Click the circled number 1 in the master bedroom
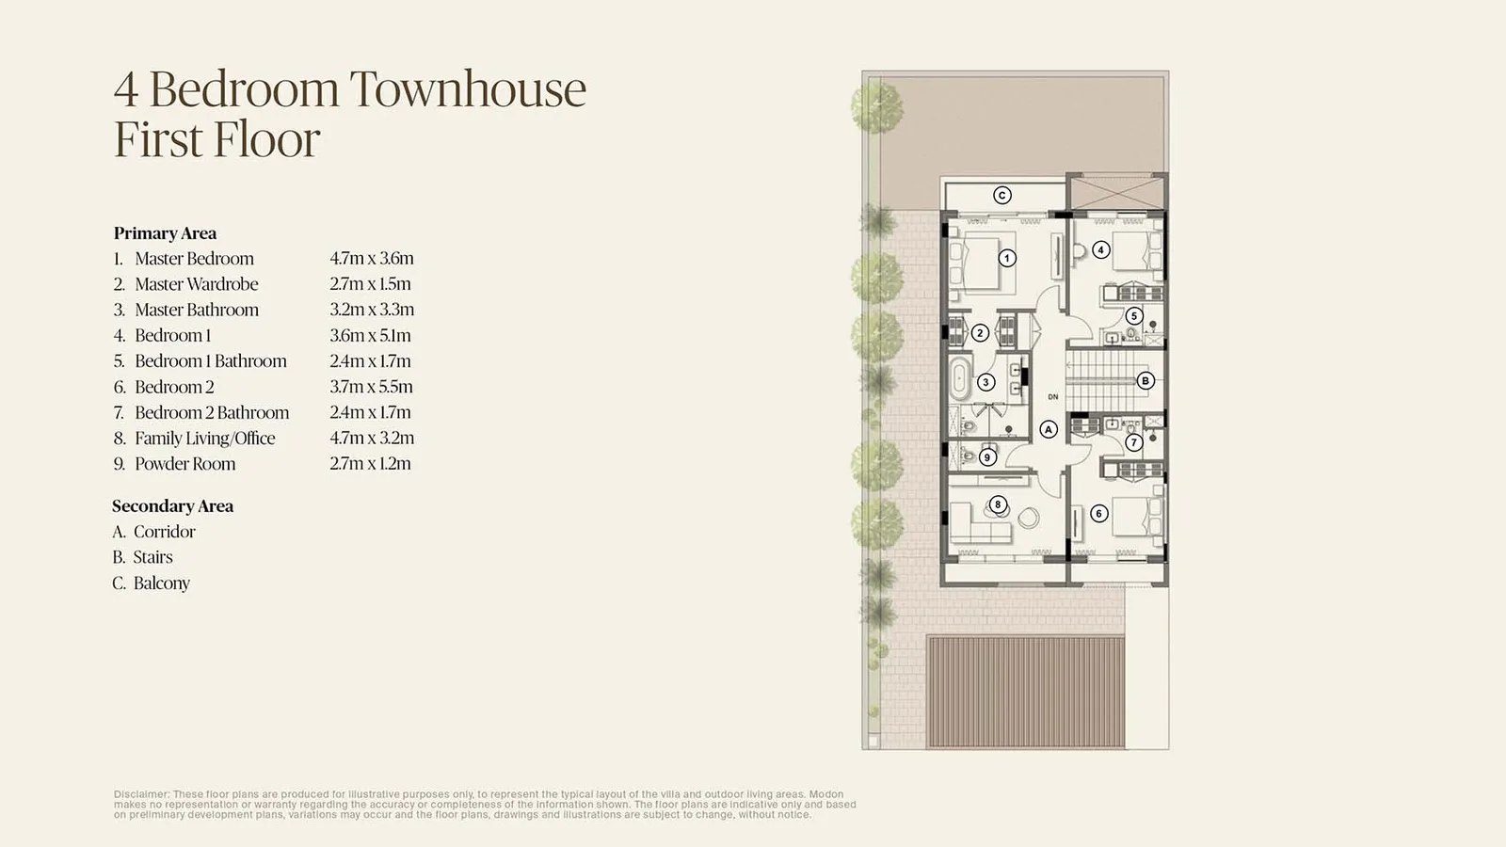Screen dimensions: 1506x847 (1006, 258)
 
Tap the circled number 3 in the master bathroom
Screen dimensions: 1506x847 (985, 382)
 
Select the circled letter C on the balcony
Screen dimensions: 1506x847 (1001, 196)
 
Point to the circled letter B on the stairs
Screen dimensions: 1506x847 (1145, 380)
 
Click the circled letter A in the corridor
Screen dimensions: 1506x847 (1049, 429)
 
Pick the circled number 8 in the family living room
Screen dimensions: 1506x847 (998, 504)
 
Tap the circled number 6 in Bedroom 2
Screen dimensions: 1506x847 (1098, 514)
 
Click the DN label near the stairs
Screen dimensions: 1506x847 (1053, 397)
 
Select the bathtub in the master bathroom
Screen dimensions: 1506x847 (959, 378)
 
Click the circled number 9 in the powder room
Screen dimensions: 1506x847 (987, 457)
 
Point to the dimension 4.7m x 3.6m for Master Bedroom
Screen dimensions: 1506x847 (372, 258)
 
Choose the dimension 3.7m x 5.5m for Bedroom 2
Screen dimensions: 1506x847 (371, 387)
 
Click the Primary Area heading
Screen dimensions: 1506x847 (165, 233)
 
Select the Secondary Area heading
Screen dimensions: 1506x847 (173, 506)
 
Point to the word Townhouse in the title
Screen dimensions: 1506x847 (468, 88)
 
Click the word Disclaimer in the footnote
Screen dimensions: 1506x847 (141, 794)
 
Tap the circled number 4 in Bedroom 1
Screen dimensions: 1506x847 (1100, 250)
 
